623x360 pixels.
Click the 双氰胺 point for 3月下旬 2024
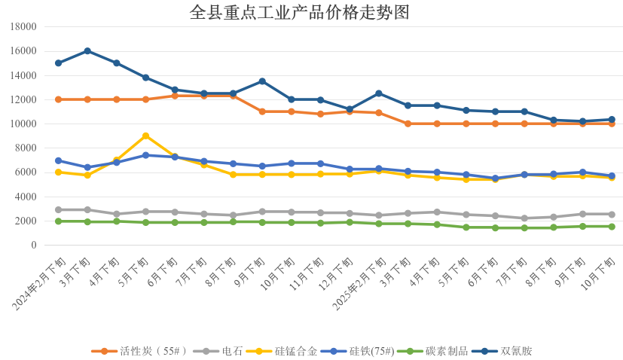[87, 51]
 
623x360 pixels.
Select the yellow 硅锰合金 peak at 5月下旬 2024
[145, 136]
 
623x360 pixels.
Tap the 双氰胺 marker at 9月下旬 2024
[262, 81]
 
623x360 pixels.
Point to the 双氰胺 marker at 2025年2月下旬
[378, 93]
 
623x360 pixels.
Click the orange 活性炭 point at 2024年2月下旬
[58, 99]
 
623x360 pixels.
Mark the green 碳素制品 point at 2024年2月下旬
[58, 221]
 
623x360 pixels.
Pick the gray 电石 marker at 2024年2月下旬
[58, 210]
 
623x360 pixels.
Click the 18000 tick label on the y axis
[23, 27]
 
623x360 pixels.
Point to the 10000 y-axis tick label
[23, 124]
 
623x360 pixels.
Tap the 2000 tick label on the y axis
[26, 221]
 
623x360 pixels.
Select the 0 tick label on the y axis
[33, 246]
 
